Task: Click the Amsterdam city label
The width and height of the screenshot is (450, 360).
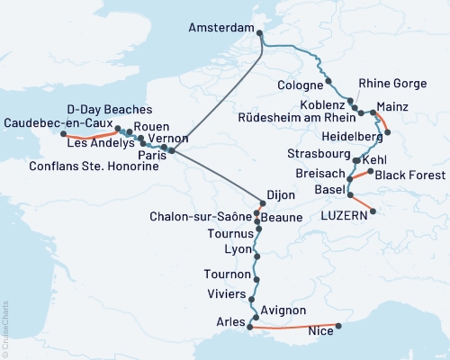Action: click(x=220, y=29)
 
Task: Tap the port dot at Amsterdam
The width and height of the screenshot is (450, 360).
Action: click(x=260, y=34)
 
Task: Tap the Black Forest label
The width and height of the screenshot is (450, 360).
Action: click(x=405, y=175)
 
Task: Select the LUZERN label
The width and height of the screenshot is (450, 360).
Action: click(x=343, y=216)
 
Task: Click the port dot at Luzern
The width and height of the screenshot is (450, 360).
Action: click(x=373, y=212)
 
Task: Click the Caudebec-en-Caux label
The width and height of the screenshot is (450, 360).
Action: click(x=56, y=123)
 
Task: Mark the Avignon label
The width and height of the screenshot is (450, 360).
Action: click(x=285, y=310)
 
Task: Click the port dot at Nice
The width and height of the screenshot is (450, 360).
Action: click(x=338, y=326)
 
